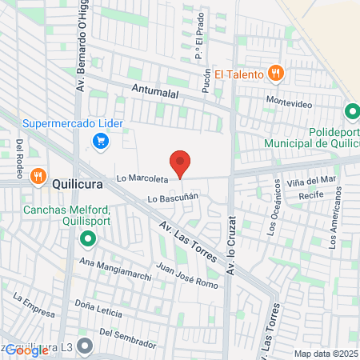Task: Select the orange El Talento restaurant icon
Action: [275, 74]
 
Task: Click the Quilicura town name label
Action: [79, 182]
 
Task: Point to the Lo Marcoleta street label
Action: [143, 178]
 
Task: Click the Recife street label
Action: [310, 194]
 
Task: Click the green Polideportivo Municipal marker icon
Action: [350, 113]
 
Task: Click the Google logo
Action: [26, 350]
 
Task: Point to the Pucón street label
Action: [206, 81]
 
